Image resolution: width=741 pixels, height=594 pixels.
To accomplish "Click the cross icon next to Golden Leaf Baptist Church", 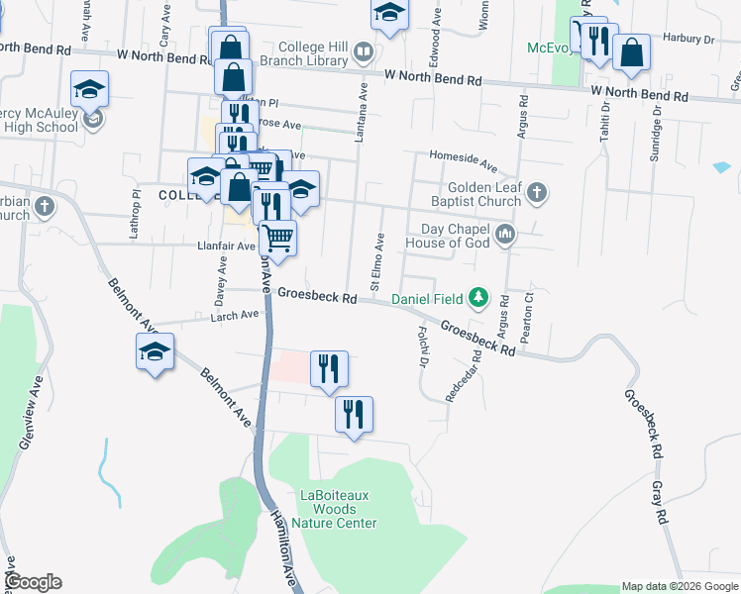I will click(536, 192).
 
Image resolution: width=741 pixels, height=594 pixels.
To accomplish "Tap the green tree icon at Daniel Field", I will click(479, 297).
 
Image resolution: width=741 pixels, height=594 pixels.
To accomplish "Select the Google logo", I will click(33, 582).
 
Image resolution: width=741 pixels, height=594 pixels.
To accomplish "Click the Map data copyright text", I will click(679, 586).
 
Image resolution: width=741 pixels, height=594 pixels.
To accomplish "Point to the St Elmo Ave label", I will click(377, 261).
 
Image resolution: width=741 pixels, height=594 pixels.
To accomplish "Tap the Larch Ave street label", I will click(235, 315).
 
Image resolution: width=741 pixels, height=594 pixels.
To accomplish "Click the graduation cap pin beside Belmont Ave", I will click(156, 352).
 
